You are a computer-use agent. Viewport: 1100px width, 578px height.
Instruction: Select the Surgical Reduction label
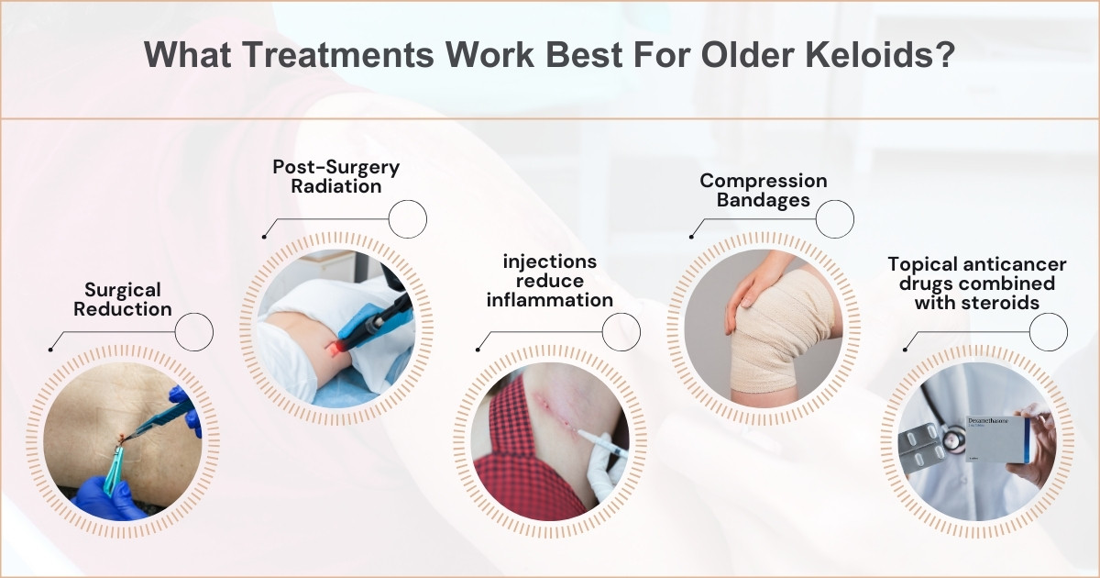123,299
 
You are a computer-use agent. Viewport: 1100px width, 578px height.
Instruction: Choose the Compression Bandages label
764,191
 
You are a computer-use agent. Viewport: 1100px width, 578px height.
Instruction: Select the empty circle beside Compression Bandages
834,219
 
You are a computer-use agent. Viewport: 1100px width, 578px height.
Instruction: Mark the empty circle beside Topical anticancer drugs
1048,331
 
